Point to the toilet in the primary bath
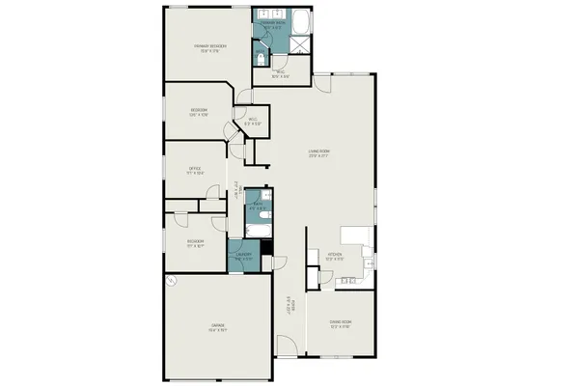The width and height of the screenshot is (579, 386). pyautogui.click(x=260, y=57)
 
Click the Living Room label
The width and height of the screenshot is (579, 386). pyautogui.click(x=319, y=152)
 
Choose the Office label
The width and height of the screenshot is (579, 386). pyautogui.click(x=194, y=171)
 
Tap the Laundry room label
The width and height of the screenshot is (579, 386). pyautogui.click(x=243, y=257)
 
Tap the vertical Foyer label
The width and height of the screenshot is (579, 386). pyautogui.click(x=289, y=309)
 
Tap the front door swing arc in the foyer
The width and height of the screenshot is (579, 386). pyautogui.click(x=286, y=343)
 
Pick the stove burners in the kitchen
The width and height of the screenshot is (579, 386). pyautogui.click(x=348, y=281)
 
